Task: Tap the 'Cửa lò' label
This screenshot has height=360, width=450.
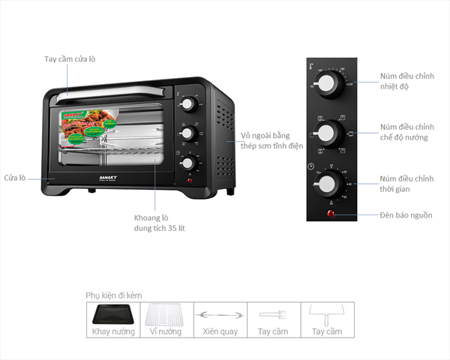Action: coord(14,178)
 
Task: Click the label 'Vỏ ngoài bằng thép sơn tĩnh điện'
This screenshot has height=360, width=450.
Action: coord(271,140)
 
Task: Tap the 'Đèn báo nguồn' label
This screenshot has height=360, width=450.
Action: coord(406,215)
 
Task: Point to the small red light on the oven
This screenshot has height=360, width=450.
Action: coord(189,180)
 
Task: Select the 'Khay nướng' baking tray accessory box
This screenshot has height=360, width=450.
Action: coord(112,319)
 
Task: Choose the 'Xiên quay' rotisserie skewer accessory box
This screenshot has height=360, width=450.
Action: coord(220,319)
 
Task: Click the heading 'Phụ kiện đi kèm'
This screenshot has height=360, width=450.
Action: coord(113,295)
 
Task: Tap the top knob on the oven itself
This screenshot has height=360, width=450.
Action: coord(187,103)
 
